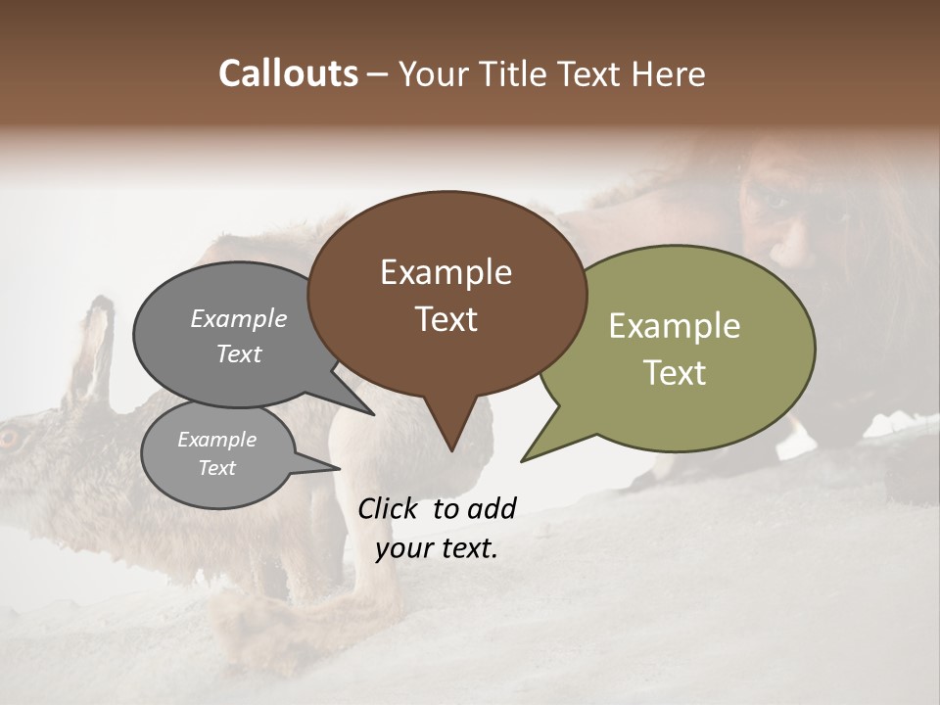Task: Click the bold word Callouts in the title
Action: tap(289, 73)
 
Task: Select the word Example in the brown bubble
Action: tap(446, 272)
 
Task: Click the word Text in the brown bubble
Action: tap(446, 319)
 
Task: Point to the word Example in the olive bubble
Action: tap(675, 326)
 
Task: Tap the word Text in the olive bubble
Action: tap(675, 373)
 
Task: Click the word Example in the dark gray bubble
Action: tap(239, 318)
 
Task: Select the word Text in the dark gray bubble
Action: tap(239, 353)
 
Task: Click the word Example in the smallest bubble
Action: tap(216, 440)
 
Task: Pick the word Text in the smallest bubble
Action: tap(216, 468)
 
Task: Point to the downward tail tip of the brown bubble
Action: tap(451, 450)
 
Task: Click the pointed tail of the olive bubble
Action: tap(523, 459)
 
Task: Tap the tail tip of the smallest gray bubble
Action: tap(339, 468)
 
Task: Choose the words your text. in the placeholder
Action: tap(437, 548)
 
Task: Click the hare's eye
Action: tap(8, 438)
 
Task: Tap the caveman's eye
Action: tap(777, 201)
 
